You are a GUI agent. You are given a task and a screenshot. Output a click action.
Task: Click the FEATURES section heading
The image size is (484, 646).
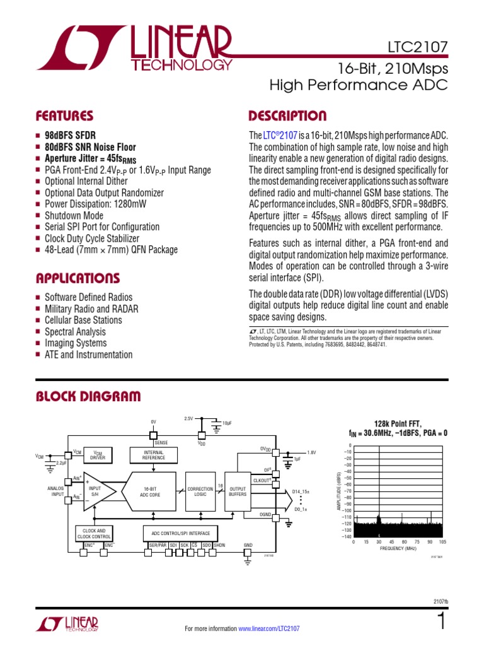(64, 116)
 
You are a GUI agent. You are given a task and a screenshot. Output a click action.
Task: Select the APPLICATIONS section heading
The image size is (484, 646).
(78, 278)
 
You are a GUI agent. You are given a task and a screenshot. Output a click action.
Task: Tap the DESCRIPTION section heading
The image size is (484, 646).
(287, 116)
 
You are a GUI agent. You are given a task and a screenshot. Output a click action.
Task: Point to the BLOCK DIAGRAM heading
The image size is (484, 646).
(88, 396)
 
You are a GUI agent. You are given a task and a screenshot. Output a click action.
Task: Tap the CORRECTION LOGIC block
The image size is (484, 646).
(200, 490)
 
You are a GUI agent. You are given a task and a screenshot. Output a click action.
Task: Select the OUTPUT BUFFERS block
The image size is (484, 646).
(237, 490)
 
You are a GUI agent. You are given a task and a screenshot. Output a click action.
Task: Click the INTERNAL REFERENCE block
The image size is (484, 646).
(153, 455)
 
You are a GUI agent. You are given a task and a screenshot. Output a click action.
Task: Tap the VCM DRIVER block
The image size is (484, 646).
(98, 455)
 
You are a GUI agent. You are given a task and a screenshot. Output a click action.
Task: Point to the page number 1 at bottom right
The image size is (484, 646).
(441, 621)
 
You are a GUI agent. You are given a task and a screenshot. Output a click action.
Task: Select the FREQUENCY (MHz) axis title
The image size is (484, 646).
(398, 549)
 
